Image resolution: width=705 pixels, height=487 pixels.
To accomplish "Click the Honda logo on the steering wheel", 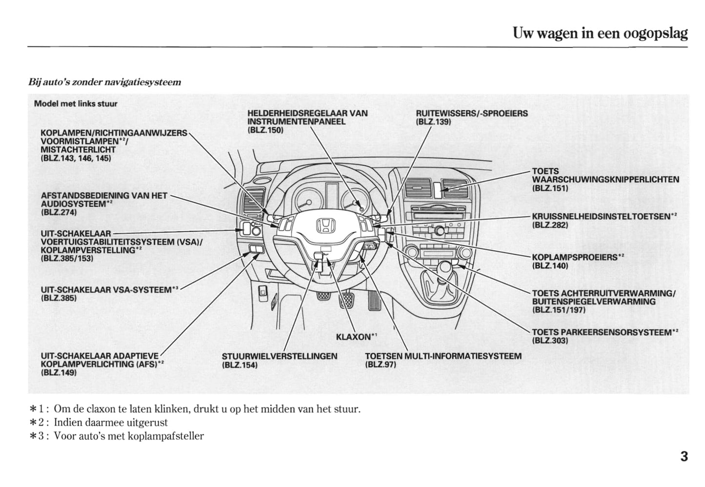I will (x=326, y=226).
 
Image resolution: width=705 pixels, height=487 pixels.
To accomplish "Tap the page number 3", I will (x=684, y=457).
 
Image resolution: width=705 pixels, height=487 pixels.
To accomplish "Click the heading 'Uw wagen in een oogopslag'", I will (x=600, y=33).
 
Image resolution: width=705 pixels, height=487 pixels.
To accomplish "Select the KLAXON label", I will (x=354, y=337).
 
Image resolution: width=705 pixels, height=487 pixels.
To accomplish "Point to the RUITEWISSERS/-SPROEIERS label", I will (x=471, y=113).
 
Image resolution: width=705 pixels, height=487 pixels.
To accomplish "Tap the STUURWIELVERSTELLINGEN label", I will (x=279, y=356).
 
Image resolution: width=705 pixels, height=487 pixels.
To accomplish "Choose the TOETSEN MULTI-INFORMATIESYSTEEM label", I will (x=443, y=356).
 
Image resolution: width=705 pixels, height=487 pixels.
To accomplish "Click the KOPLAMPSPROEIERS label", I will (x=574, y=257).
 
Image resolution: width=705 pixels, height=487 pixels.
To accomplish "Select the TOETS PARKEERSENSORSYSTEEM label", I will (x=602, y=332).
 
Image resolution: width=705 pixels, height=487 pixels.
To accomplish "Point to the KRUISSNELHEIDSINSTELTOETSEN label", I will (x=601, y=216).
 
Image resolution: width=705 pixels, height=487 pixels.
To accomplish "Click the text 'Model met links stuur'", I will (x=76, y=103).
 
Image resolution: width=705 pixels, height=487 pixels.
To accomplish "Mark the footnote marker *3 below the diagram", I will (x=38, y=436).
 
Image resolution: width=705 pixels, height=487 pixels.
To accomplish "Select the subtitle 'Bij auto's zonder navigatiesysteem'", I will (x=104, y=82).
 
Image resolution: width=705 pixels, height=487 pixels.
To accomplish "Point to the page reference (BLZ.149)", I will (x=59, y=372).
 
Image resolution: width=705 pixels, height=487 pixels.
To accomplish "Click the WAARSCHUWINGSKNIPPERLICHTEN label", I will (x=605, y=180).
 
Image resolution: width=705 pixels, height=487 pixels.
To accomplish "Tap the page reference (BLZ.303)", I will (x=550, y=341).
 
